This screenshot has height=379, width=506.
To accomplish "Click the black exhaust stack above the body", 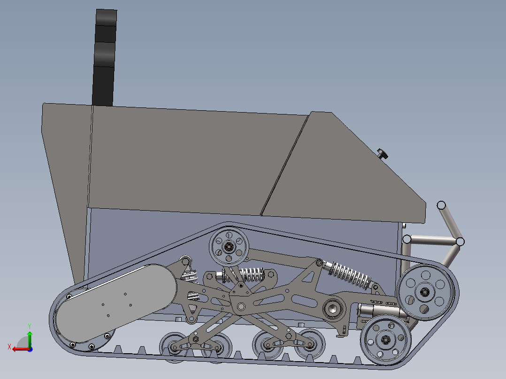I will (105, 56).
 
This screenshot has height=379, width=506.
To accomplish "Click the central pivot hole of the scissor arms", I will (241, 307).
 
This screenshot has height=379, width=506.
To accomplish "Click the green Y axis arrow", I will (29, 336).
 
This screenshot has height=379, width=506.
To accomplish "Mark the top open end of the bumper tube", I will (441, 205).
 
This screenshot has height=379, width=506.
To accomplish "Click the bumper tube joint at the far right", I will (460, 241).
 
